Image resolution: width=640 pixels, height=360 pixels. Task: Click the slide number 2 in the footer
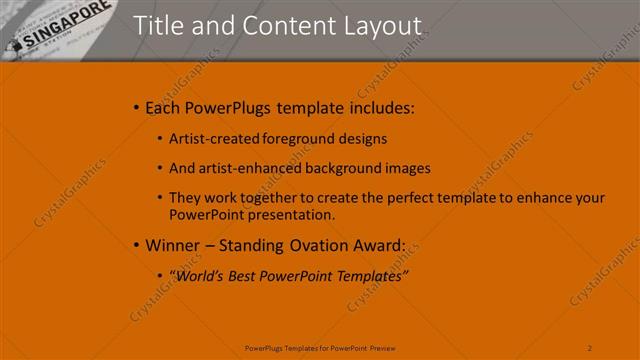pyautogui.click(x=590, y=347)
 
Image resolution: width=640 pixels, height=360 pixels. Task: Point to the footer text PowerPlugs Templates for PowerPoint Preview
pyautogui.click(x=319, y=347)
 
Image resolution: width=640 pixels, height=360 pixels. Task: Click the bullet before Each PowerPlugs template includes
pyautogui.click(x=137, y=107)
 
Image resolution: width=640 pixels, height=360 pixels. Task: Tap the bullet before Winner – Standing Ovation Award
pyautogui.click(x=137, y=245)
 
